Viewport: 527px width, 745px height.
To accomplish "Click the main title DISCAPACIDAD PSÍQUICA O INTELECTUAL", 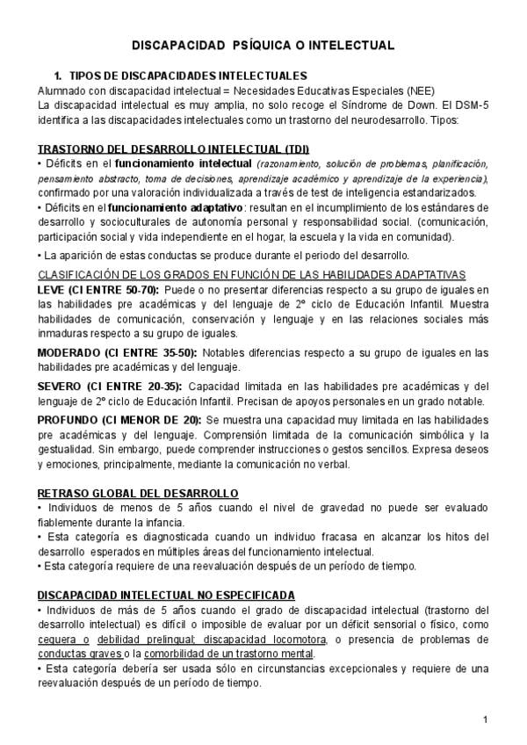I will tap(263, 45).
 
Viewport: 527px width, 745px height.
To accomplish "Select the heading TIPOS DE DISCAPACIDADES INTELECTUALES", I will tap(187, 76).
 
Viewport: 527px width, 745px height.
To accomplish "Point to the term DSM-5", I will tap(470, 105).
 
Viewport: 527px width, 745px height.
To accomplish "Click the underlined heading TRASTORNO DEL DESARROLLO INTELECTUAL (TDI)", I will tap(173, 148).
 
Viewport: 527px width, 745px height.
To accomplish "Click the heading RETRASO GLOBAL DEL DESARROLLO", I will tap(138, 494).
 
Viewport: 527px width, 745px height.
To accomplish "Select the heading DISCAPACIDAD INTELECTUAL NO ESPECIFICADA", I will tap(166, 596).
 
